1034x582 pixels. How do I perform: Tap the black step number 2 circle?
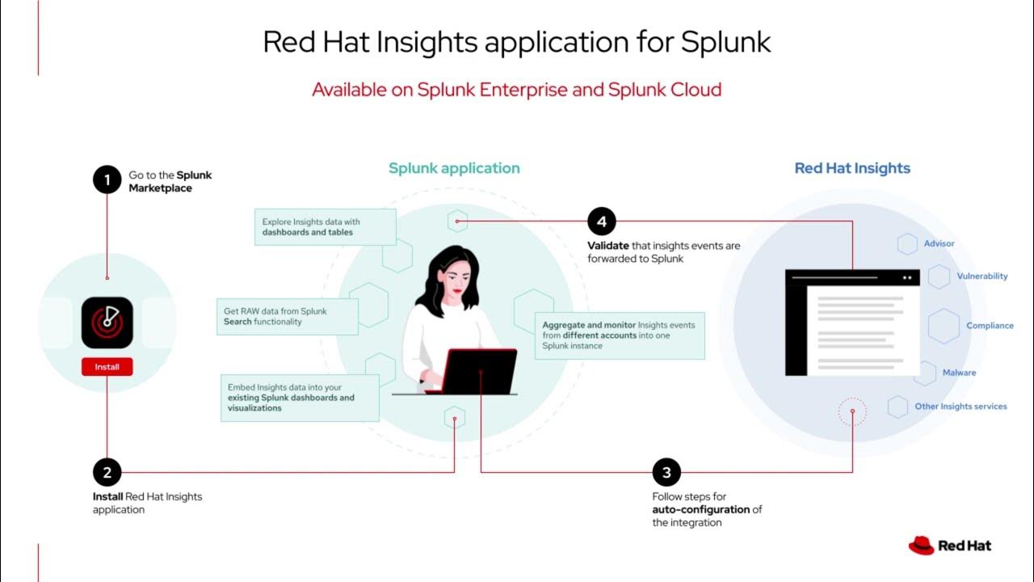(107, 473)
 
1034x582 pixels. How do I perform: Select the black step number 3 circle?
(666, 473)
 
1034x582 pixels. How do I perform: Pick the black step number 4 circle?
(601, 221)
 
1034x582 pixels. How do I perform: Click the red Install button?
(107, 367)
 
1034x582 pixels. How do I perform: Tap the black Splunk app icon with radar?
(107, 323)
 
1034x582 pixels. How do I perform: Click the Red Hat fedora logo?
(921, 546)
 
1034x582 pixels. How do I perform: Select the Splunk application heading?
(454, 168)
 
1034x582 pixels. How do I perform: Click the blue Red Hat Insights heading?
(852, 168)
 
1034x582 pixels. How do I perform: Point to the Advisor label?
(939, 243)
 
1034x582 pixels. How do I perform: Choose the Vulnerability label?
(982, 276)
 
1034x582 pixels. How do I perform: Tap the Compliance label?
(990, 326)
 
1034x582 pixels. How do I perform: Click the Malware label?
(959, 373)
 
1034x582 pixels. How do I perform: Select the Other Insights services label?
(960, 407)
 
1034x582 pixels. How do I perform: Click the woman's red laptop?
(481, 371)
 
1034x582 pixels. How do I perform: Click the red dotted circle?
(852, 413)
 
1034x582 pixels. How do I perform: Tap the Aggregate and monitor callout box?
(619, 335)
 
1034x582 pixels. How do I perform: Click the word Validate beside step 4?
(607, 246)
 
